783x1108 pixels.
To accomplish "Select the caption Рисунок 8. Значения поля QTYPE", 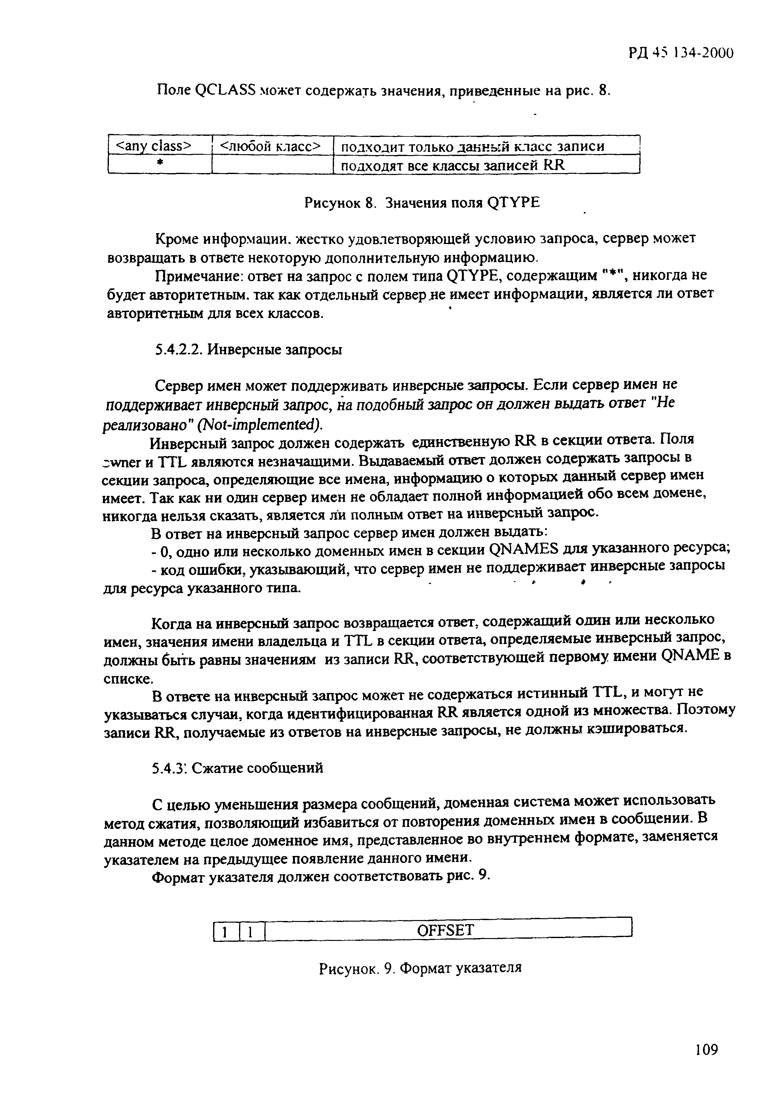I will [x=422, y=203].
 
